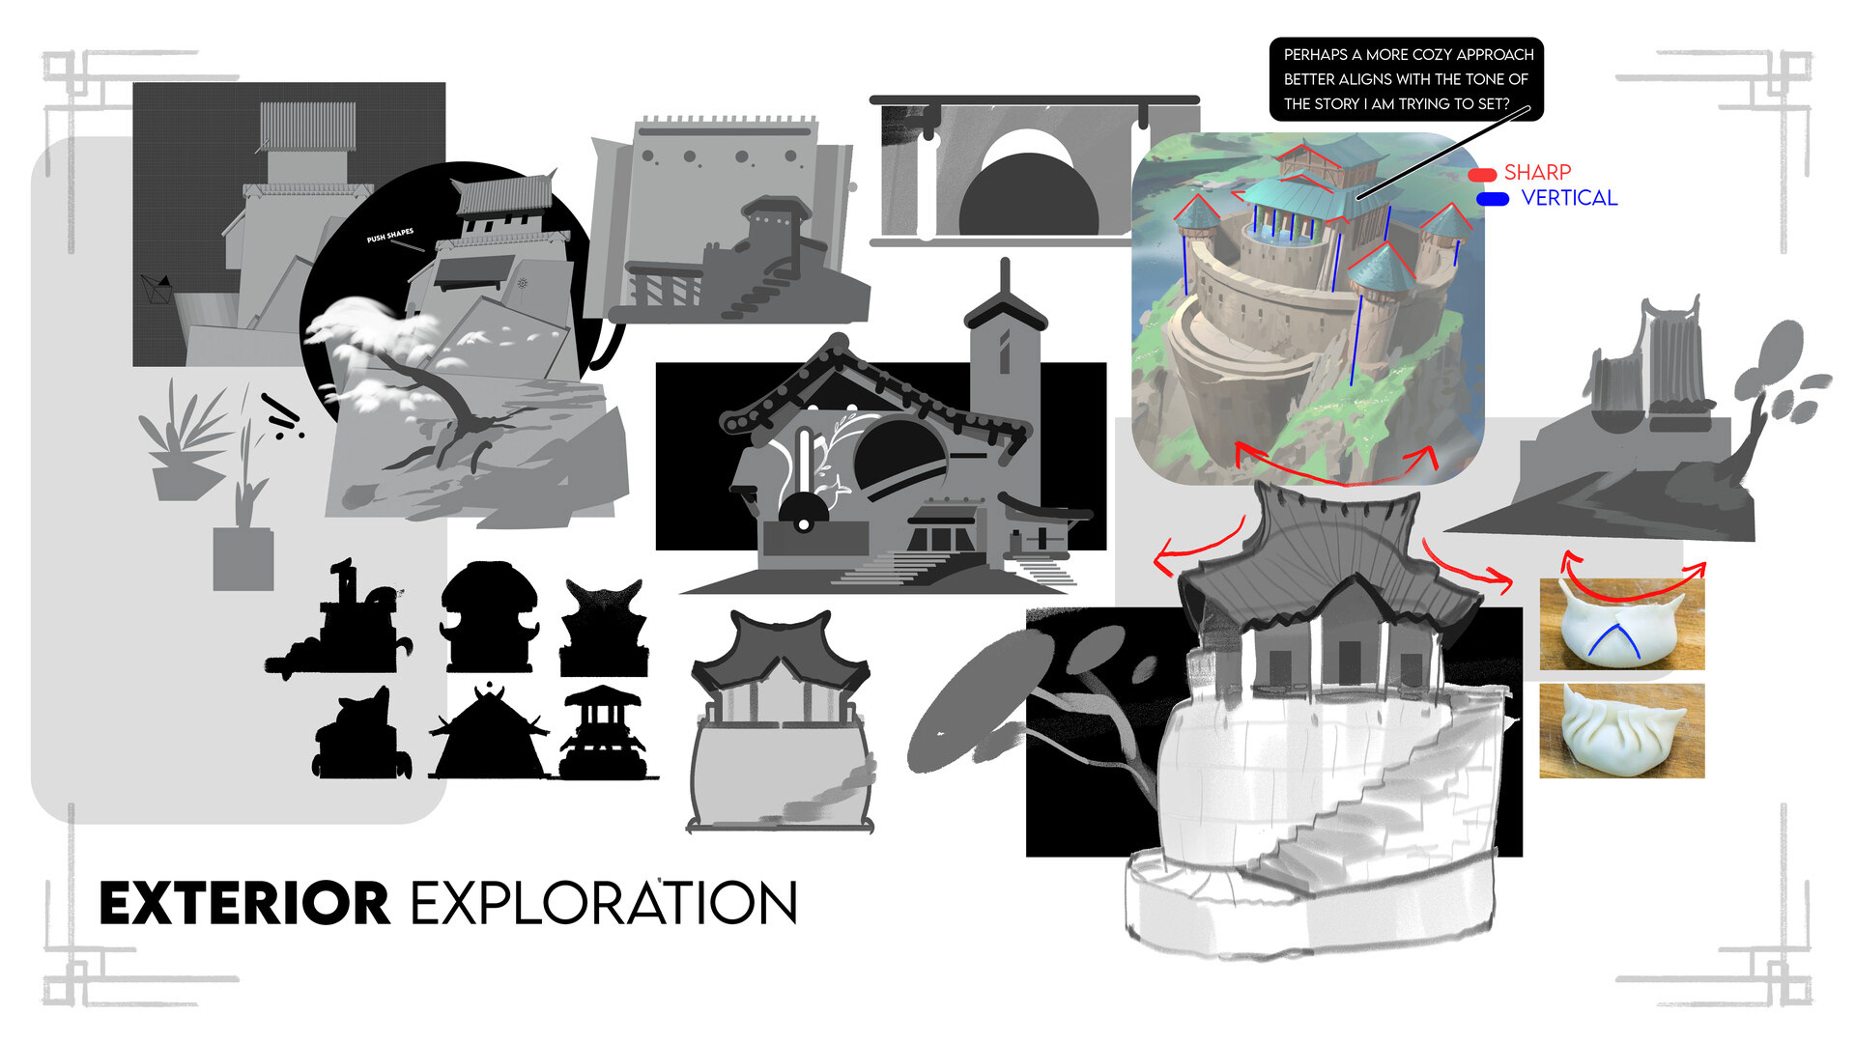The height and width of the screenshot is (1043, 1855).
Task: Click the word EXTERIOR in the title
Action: [x=243, y=903]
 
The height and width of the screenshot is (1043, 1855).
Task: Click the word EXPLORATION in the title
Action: [x=604, y=903]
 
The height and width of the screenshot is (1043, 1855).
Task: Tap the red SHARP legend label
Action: [x=1537, y=173]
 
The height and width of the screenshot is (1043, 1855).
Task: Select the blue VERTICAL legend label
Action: [x=1568, y=198]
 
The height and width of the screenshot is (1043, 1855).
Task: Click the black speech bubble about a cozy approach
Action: [x=1406, y=79]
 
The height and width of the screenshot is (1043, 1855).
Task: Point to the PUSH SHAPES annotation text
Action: [x=390, y=236]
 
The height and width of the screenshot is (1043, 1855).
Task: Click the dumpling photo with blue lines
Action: [x=1621, y=625]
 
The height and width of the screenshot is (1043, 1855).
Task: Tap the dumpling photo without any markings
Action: [x=1621, y=731]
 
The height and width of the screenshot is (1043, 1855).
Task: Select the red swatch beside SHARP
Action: [x=1482, y=175]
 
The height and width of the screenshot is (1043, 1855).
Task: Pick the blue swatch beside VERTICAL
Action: [x=1493, y=199]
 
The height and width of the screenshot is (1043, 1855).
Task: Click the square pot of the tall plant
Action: [x=243, y=559]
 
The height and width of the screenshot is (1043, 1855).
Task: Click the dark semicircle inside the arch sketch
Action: [x=1028, y=197]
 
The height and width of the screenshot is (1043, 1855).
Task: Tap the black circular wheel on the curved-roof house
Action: [x=803, y=512]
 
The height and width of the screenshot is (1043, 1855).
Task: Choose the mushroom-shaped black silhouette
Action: [x=489, y=616]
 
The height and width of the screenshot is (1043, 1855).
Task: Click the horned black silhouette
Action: [x=604, y=628]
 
